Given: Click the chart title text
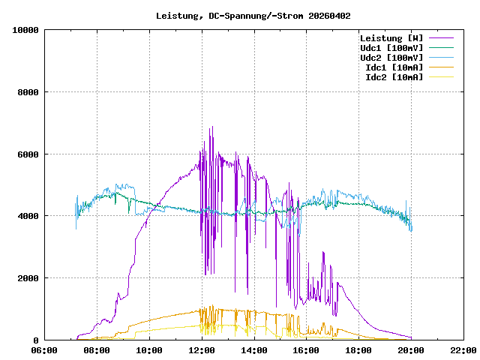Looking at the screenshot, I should (x=253, y=15).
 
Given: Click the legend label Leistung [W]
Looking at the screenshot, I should (x=391, y=38).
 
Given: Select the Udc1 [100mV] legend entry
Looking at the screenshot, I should (x=391, y=48).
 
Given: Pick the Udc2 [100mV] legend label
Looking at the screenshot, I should (x=391, y=58).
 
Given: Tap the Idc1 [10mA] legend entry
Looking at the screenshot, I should (x=394, y=67).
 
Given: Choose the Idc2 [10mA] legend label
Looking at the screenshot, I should (x=394, y=77).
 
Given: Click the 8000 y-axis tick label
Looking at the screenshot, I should (x=28, y=92).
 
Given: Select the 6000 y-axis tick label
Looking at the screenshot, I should (x=28, y=154).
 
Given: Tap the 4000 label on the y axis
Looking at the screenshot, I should (x=28, y=216).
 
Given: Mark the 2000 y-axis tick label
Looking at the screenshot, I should (x=28, y=278).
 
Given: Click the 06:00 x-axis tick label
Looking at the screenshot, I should (x=44, y=350).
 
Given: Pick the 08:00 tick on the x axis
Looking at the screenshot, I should (x=97, y=350).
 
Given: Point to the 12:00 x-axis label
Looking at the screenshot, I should (x=202, y=350).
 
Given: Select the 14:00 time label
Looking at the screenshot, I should (x=254, y=350).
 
